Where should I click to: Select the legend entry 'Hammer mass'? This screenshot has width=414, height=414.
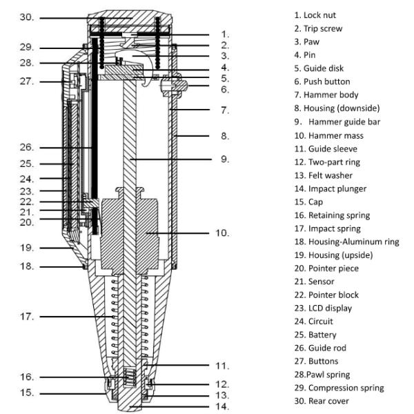(328, 136)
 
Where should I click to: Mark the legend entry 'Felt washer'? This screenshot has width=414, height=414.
(326, 175)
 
